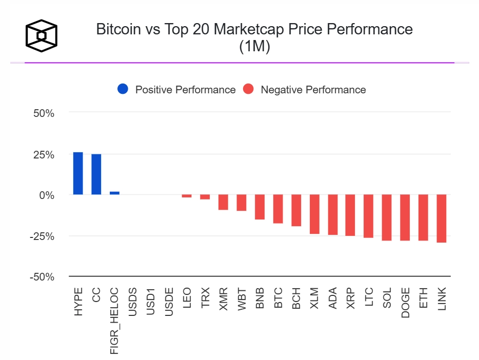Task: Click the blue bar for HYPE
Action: pos(78,173)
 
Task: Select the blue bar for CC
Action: pos(96,174)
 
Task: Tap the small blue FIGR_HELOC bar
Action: pos(114,193)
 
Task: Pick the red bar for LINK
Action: pos(442,218)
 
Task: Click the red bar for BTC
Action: pos(278,209)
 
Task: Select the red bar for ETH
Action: pos(423,217)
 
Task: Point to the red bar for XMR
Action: pos(223,202)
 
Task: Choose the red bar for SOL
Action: pos(387,217)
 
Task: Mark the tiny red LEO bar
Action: pos(187,196)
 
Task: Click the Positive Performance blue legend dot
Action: pos(123,90)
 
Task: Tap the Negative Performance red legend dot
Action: pos(248,90)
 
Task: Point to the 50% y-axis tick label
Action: pos(44,113)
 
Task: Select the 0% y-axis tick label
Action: pos(47,195)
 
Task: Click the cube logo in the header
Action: pos(42,36)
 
